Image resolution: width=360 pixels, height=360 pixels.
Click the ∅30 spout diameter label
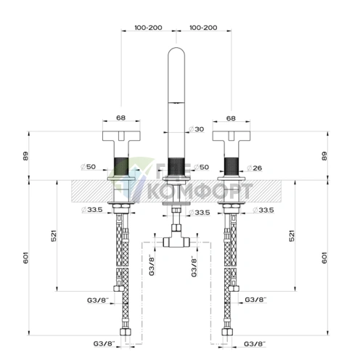(x=197, y=129)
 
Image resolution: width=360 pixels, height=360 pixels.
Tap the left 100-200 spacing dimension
(x=147, y=28)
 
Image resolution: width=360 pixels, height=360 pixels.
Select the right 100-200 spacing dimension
(x=202, y=28)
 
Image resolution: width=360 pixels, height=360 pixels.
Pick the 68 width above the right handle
(x=231, y=118)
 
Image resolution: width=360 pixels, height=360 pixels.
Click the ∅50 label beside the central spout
(x=202, y=168)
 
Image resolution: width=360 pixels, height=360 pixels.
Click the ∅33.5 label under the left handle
(x=92, y=211)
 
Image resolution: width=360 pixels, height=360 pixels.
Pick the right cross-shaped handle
(x=231, y=136)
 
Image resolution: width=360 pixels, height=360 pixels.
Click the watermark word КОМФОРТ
(x=197, y=192)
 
